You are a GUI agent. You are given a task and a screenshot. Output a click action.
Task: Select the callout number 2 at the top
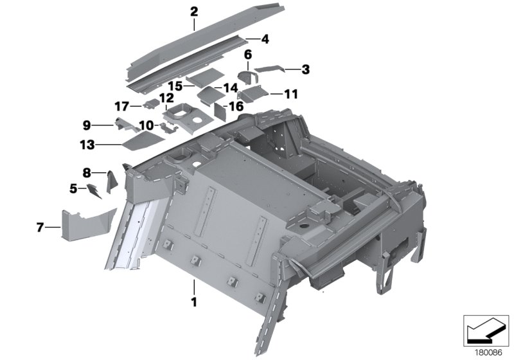(x=194, y=11)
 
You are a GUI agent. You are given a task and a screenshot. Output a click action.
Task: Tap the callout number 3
(x=306, y=69)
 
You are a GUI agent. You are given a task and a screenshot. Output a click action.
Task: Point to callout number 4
(x=265, y=39)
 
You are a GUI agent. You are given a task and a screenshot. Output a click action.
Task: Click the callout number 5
(x=74, y=188)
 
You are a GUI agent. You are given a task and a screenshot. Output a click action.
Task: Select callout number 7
(x=40, y=226)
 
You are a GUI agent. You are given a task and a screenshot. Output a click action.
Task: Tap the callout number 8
(x=86, y=172)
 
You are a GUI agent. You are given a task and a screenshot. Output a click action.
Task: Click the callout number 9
(x=86, y=125)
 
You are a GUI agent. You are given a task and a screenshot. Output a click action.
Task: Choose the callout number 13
(x=87, y=146)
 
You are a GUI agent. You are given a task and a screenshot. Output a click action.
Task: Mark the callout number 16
(x=236, y=106)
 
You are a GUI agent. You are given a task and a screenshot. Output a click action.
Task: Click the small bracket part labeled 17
(x=151, y=103)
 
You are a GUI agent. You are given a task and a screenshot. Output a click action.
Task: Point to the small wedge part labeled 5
(x=96, y=190)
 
